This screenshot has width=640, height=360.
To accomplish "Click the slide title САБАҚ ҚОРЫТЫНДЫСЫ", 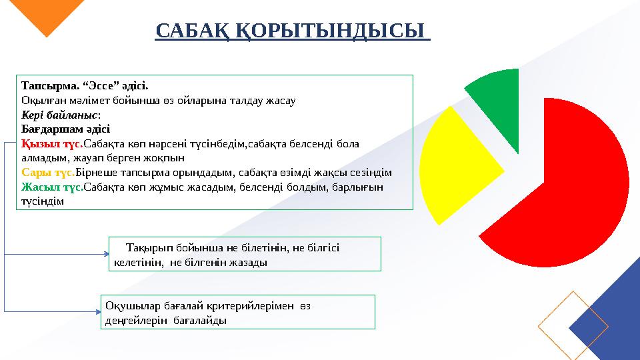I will (x=292, y=31).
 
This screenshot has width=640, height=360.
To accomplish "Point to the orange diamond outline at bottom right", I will (x=573, y=325).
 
